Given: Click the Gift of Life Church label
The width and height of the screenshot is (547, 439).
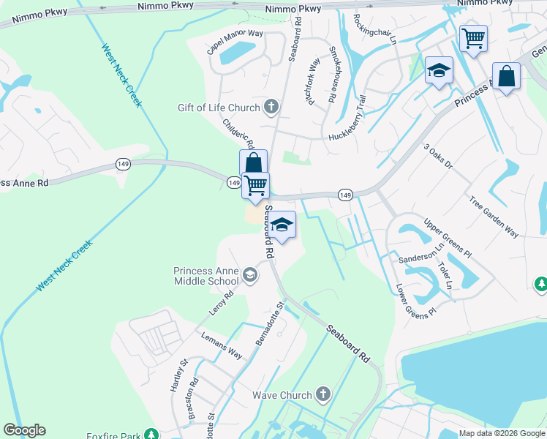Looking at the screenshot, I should click(219, 108).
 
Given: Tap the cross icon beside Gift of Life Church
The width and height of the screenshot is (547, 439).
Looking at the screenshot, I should click(271, 108).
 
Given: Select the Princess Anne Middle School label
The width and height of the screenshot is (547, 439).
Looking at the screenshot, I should click(206, 276).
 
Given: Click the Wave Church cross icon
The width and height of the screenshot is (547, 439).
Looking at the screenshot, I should click(323, 395).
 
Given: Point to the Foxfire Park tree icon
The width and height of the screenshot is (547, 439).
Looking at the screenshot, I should click(151, 435).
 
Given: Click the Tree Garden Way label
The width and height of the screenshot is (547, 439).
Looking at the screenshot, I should click(494, 217).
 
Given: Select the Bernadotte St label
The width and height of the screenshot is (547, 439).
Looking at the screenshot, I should click(268, 323).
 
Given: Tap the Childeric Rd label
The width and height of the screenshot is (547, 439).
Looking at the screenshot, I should click(238, 135).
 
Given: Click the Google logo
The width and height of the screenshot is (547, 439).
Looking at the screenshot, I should click(24, 430).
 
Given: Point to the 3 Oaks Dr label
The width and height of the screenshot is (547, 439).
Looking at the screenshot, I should click(438, 156).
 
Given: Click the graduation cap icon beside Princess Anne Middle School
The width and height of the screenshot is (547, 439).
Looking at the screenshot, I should click(250, 275).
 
